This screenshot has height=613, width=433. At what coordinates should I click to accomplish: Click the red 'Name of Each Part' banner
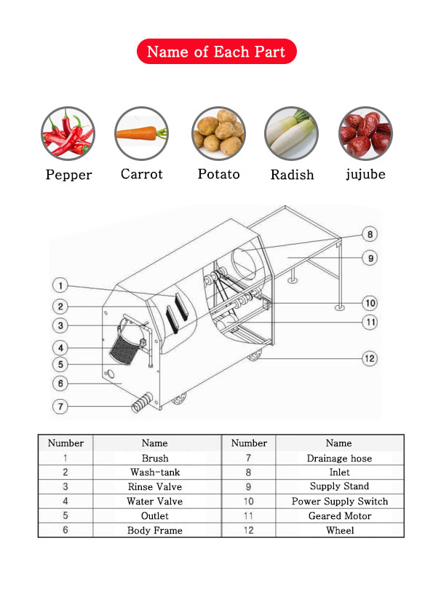click(217, 51)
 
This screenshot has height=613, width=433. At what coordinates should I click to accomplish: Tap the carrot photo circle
click(141, 133)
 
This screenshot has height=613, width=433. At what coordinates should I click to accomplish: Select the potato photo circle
click(218, 133)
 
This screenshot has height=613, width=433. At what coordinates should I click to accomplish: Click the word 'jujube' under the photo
click(365, 174)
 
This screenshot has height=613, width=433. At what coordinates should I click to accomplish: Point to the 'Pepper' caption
click(69, 175)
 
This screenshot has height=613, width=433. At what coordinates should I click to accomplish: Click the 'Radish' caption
click(293, 174)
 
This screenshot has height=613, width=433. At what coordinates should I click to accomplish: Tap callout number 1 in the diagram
click(60, 285)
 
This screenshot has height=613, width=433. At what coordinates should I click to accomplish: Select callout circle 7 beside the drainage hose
click(60, 406)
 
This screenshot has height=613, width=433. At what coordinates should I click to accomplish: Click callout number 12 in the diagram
click(370, 358)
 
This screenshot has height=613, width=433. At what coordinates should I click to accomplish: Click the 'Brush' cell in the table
click(155, 458)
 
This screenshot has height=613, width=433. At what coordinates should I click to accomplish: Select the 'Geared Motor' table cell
click(340, 515)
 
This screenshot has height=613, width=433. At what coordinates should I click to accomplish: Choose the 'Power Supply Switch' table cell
click(340, 501)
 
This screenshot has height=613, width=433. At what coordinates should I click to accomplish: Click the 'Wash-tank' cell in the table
click(155, 472)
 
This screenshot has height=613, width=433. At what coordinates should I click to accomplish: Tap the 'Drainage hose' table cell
click(340, 458)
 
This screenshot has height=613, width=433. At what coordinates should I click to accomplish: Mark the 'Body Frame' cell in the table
click(155, 530)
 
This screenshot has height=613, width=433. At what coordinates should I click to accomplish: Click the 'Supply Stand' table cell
click(340, 486)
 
